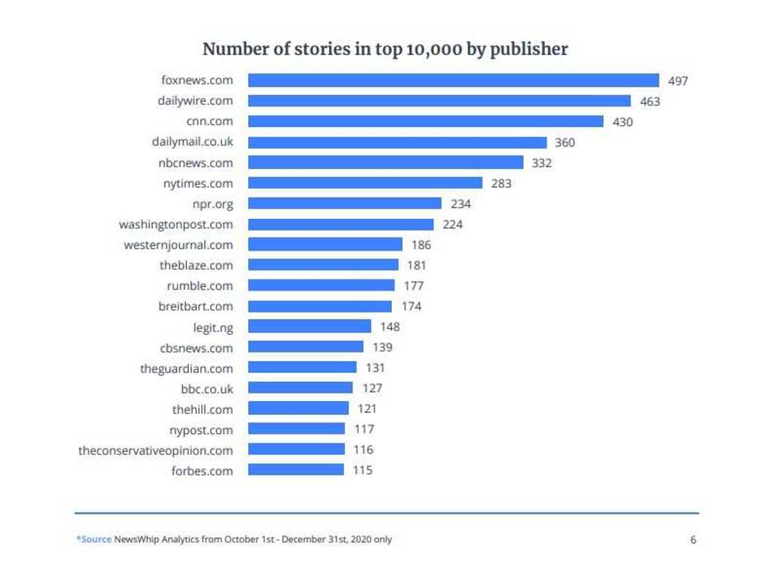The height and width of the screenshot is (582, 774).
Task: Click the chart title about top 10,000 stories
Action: [x=385, y=50]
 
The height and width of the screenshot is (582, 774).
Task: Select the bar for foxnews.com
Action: [x=453, y=81]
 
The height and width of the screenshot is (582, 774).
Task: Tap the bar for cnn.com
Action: [x=426, y=122]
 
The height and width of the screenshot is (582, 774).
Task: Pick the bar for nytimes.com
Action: [x=365, y=183]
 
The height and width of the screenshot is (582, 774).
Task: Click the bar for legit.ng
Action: [x=310, y=327]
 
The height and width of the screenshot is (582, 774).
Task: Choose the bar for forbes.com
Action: [x=296, y=470]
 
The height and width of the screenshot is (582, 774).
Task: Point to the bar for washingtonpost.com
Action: [x=341, y=224]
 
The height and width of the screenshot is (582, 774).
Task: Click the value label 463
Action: [x=650, y=101]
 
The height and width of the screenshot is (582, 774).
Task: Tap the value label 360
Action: [x=565, y=143]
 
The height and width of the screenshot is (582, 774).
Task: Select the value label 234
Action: [x=460, y=204]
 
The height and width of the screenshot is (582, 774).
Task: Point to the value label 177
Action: [x=413, y=286]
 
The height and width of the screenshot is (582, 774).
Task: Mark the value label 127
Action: [x=372, y=388]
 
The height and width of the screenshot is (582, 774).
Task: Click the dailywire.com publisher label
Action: [x=195, y=101]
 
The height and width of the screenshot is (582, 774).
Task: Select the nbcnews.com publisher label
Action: [x=196, y=163]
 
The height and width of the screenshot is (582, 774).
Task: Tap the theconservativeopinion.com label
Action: [x=155, y=450]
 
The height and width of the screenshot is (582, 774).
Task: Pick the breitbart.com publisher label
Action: [x=196, y=306]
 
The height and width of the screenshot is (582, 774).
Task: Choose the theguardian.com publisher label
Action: [x=187, y=368]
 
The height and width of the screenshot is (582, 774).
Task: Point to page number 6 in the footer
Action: [x=693, y=540]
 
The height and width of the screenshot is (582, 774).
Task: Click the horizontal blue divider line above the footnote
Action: [x=386, y=513]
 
